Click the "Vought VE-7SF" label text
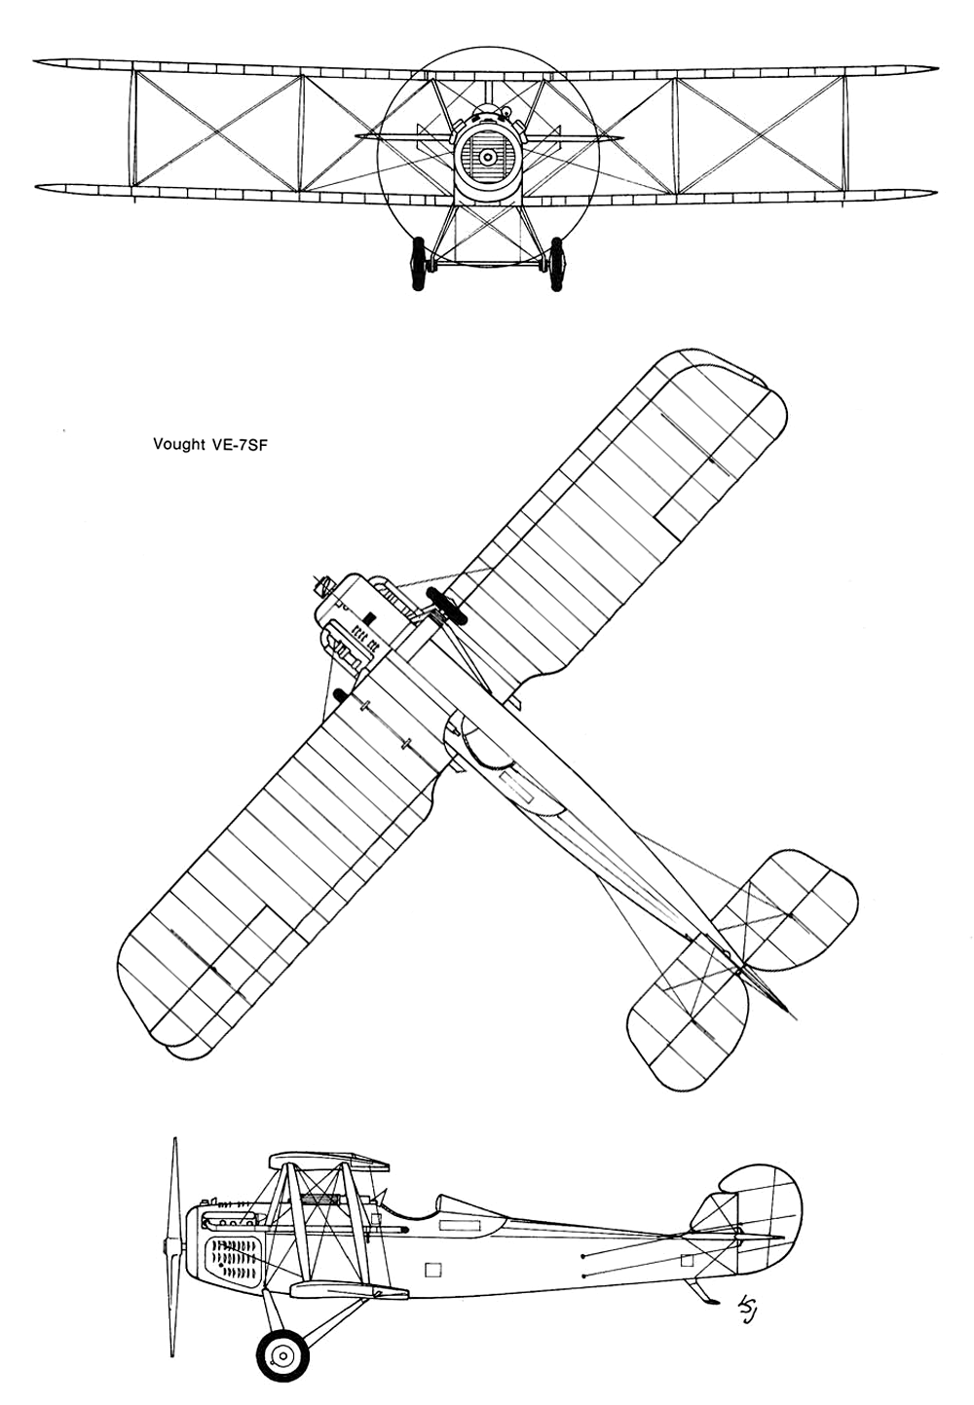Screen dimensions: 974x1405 click(x=206, y=445)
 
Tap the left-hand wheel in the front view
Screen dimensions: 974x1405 click(x=417, y=263)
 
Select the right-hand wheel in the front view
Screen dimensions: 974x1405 click(x=556, y=264)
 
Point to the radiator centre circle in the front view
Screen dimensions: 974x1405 click(x=487, y=156)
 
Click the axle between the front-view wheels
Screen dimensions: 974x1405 click(x=486, y=264)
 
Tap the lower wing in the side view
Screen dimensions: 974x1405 click(x=349, y=1289)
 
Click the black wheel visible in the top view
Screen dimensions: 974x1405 click(x=446, y=607)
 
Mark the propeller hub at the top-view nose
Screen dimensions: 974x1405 click(x=322, y=586)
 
